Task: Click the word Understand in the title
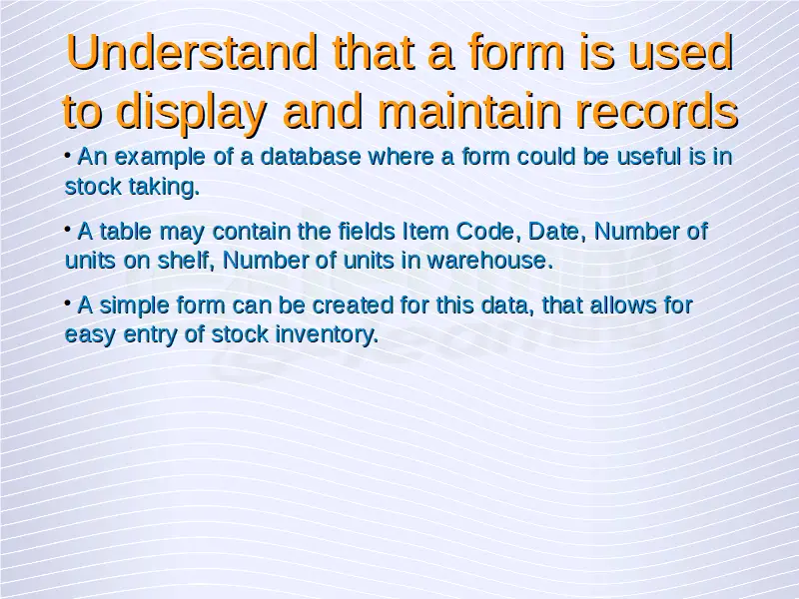192,52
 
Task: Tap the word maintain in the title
468,111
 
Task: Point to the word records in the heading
656,111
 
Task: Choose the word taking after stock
164,188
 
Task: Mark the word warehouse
489,261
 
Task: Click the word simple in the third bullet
134,306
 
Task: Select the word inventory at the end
327,335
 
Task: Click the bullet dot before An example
68,154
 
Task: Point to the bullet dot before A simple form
68,303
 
